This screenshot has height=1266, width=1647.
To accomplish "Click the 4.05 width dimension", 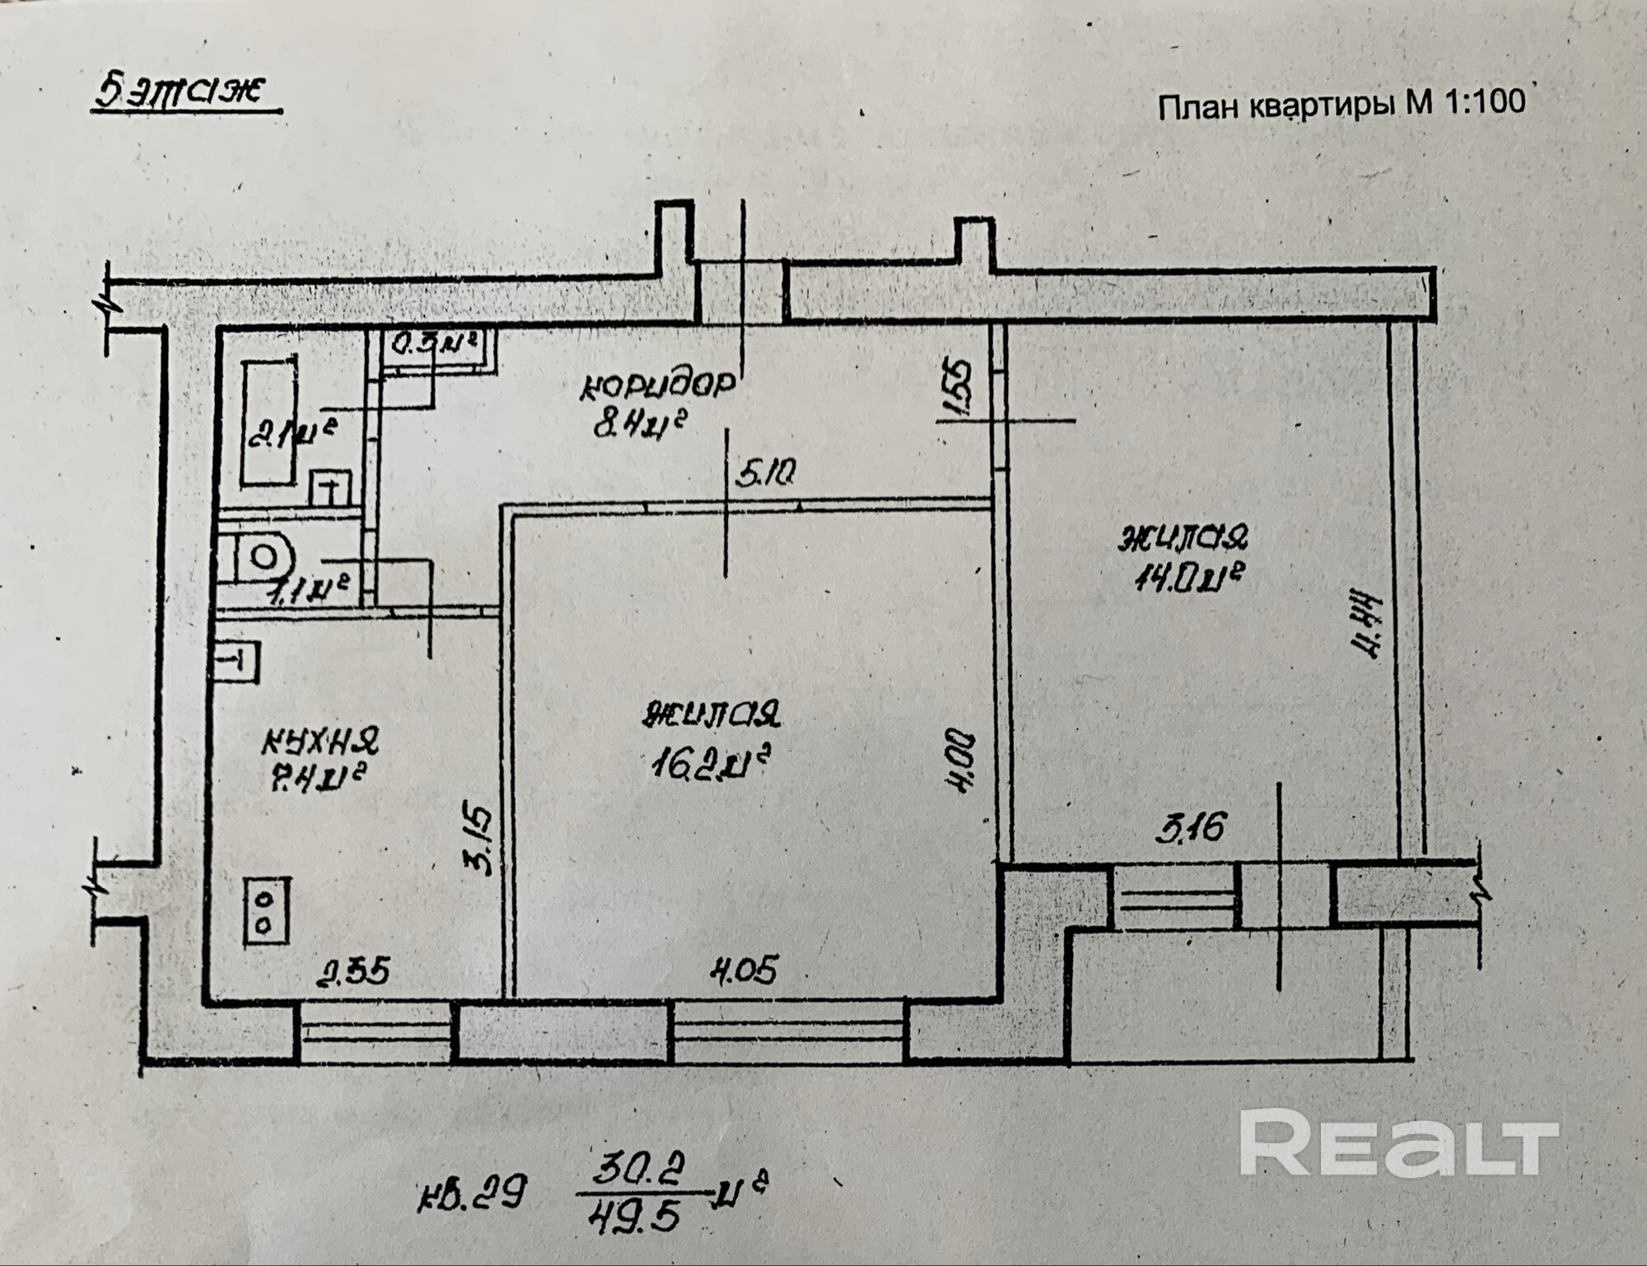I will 743,972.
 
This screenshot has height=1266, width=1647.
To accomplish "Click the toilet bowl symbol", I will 260,556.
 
